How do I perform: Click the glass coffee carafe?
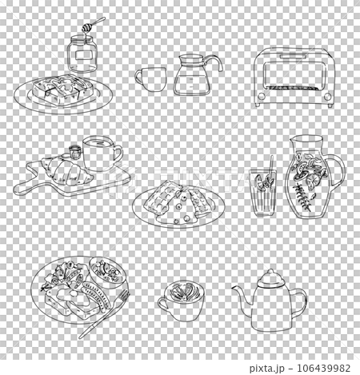tap(191, 77)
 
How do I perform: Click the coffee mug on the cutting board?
tap(98, 154)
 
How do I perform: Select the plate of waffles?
tap(181, 204)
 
